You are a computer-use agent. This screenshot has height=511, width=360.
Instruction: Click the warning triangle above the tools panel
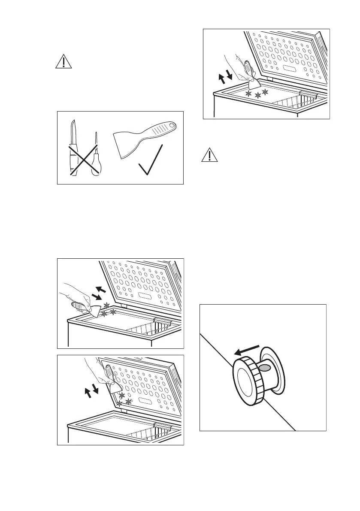(x=64, y=62)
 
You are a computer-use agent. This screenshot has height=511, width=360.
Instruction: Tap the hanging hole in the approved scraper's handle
(x=172, y=125)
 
